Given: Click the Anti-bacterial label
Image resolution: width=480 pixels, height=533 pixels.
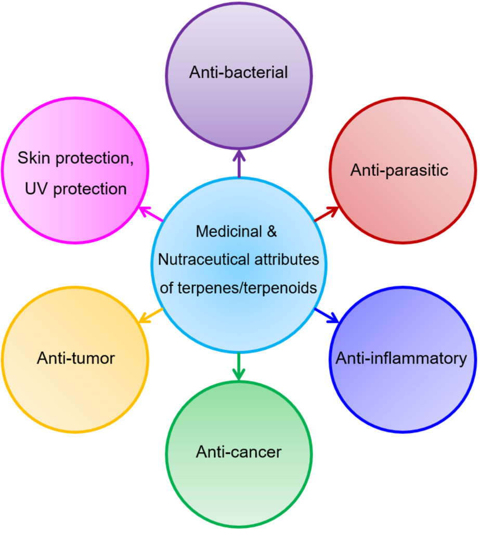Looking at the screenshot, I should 238,72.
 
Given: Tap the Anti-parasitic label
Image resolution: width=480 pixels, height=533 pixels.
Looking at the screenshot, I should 399,170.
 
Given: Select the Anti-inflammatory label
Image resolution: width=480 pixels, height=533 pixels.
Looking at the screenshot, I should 401,358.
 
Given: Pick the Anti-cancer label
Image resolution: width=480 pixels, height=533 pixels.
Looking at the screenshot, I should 238,452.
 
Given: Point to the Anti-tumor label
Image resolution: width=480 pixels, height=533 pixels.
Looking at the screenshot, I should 75,358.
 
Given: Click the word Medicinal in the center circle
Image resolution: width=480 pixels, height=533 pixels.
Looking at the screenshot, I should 227,231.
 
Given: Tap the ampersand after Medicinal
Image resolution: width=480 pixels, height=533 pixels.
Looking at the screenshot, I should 271,231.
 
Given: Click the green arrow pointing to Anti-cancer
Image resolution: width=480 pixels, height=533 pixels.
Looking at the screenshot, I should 239,366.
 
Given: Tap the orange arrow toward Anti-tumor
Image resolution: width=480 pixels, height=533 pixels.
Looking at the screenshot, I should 151,315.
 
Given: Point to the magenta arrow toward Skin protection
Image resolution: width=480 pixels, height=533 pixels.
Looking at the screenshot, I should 150,214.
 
